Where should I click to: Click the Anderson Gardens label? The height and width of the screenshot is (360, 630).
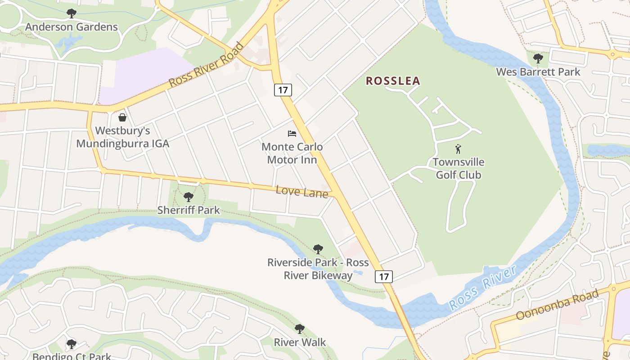coord(71,27)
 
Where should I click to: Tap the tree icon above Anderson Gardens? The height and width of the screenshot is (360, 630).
coord(71,13)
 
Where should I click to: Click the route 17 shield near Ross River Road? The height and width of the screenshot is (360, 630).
coord(283,90)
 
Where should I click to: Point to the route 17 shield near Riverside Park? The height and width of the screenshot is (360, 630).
coord(384,276)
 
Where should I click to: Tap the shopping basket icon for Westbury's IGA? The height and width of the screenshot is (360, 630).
coord(122,117)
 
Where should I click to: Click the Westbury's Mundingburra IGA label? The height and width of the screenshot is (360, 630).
coord(122,137)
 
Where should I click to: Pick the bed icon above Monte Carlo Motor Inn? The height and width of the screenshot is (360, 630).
coord(292,134)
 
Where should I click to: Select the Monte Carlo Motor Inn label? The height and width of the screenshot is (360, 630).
coord(292,153)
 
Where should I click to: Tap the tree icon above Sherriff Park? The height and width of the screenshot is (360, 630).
coord(189,197)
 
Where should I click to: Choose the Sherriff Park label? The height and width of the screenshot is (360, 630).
coord(189,210)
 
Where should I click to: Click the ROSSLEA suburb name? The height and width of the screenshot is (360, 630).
coord(393,81)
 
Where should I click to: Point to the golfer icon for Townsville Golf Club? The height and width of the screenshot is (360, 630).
coord(458,149)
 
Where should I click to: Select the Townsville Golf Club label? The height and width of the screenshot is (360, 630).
coord(459,168)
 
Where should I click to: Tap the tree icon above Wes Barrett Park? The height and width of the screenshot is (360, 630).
coord(538,58)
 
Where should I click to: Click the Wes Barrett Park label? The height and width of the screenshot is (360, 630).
coord(538,72)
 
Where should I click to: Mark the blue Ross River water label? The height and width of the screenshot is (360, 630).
coord(482,288)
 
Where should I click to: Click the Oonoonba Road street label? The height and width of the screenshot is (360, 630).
coord(557,304)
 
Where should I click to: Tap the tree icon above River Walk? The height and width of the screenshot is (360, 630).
coord(299,329)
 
